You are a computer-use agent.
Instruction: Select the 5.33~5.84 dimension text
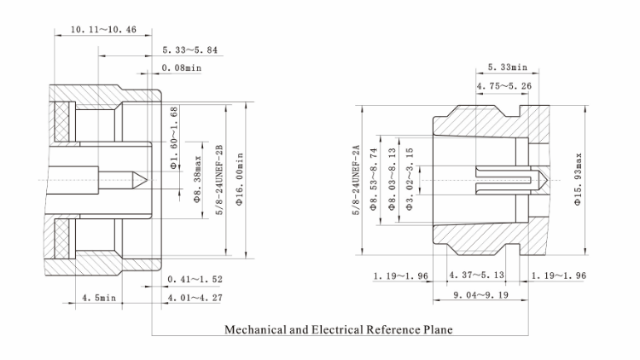[189, 50]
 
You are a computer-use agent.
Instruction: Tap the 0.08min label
[181, 68]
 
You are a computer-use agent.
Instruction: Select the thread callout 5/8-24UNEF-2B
[220, 178]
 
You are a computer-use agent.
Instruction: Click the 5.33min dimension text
[508, 67]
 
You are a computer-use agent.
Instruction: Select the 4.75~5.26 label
[504, 85]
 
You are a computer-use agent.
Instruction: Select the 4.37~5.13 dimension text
[477, 276]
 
